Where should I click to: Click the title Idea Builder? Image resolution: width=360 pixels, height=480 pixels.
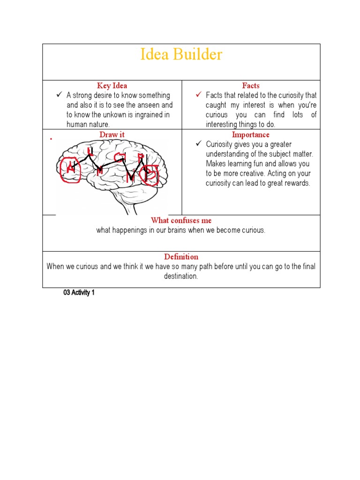[x=181, y=55]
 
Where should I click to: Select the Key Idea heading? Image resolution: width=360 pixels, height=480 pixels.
[x=112, y=86]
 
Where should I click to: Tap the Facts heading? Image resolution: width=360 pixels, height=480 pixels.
[x=251, y=86]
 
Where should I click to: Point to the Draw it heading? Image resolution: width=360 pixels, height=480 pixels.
[x=112, y=135]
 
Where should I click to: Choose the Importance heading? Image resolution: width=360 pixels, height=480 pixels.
[x=251, y=135]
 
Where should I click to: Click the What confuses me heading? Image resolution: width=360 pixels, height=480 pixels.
[x=181, y=220]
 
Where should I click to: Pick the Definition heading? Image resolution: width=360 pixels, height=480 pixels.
[x=181, y=257]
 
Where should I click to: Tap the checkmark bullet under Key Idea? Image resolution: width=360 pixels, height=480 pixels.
[x=59, y=95]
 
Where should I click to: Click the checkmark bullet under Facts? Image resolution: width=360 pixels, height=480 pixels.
[x=199, y=95]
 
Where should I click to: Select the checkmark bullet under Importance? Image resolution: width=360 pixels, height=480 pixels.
[x=199, y=144]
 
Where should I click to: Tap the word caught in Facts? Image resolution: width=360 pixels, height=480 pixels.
[x=216, y=105]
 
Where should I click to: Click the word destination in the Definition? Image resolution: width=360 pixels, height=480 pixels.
[x=181, y=277]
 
